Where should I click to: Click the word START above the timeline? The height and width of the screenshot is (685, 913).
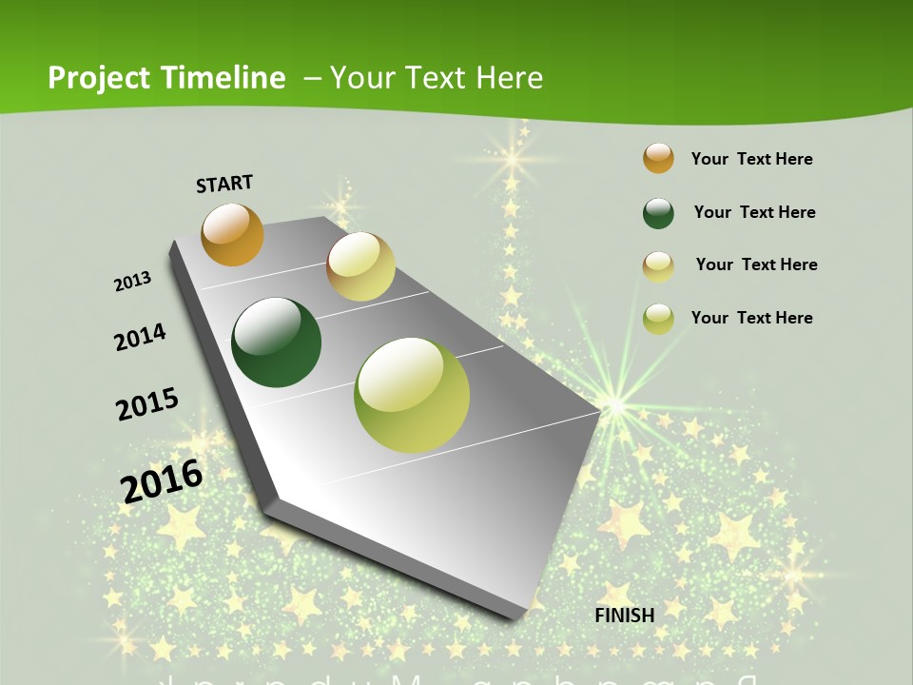[x=224, y=184]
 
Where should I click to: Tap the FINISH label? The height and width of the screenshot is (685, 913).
[x=625, y=616]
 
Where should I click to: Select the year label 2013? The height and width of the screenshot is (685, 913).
[x=133, y=282]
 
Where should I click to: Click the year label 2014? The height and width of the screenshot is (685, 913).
[x=140, y=337]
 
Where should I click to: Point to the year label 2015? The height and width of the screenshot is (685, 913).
[x=146, y=404]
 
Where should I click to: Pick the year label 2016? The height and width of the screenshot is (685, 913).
[x=162, y=480]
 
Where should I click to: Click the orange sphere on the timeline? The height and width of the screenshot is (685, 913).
[x=232, y=234]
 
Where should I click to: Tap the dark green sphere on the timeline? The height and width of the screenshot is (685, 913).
[x=277, y=342]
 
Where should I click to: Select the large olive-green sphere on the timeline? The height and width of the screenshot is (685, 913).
[x=412, y=394]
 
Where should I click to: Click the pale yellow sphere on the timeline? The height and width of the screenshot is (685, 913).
[x=360, y=266]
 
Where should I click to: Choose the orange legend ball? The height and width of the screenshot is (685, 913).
[x=658, y=158]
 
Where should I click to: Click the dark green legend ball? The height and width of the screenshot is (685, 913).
[x=658, y=213]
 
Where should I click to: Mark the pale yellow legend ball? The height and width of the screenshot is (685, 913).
[x=658, y=266]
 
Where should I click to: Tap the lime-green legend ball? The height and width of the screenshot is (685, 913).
[x=658, y=319]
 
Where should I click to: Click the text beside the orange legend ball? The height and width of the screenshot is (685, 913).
[x=751, y=159]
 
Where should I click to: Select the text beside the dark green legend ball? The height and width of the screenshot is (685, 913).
[x=754, y=212]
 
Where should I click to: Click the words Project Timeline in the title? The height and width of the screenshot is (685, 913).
[x=166, y=78]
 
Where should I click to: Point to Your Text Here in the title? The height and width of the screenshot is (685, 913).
[x=436, y=78]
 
